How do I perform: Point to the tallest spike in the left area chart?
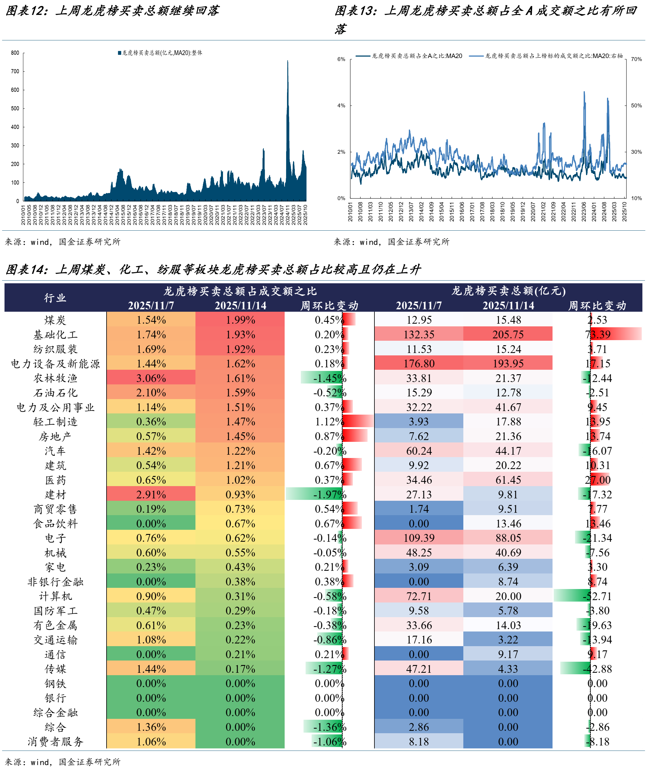coord(288,62)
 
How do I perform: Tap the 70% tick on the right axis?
coord(636,59)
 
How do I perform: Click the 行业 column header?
coord(55,298)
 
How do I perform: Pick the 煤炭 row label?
coord(55,320)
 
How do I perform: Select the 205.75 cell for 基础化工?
coord(508,334)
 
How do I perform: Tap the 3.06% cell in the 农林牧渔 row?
coord(151,378)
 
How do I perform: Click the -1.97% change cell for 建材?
coord(329,494)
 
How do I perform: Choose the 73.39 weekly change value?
coord(598,334)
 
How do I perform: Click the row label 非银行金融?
coord(55,582)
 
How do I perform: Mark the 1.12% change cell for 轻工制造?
coord(329,421)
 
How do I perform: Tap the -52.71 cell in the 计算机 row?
coord(598,596)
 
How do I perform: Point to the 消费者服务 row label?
coord(55,741)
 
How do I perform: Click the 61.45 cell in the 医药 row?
coord(508,480)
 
